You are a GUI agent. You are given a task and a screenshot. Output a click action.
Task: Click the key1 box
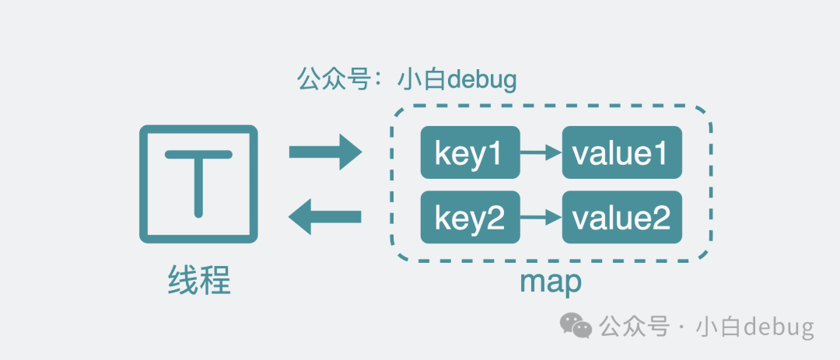[469, 152]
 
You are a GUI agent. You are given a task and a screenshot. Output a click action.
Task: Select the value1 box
[621, 152]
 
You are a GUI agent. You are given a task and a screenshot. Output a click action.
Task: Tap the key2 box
[469, 217]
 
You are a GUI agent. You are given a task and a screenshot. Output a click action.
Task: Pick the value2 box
[621, 217]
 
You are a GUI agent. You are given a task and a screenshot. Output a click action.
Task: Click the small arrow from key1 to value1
[540, 152]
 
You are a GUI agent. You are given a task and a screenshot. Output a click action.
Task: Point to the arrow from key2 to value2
[540, 217]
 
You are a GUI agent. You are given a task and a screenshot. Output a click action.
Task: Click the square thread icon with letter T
[198, 183]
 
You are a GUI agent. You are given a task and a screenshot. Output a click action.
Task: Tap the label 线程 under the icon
[199, 280]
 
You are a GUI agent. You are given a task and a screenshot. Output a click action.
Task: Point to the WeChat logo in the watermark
[577, 325]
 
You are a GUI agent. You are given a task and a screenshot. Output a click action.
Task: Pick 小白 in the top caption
[418, 79]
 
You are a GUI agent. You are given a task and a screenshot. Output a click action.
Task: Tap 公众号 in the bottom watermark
[633, 327]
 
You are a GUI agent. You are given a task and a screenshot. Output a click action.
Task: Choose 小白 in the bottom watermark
[720, 327]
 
